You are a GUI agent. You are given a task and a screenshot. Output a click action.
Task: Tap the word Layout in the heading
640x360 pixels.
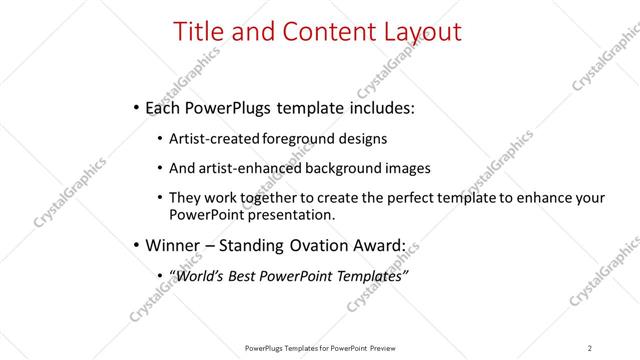coord(419,32)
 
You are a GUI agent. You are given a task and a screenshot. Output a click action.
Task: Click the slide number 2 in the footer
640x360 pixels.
coord(590,347)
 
